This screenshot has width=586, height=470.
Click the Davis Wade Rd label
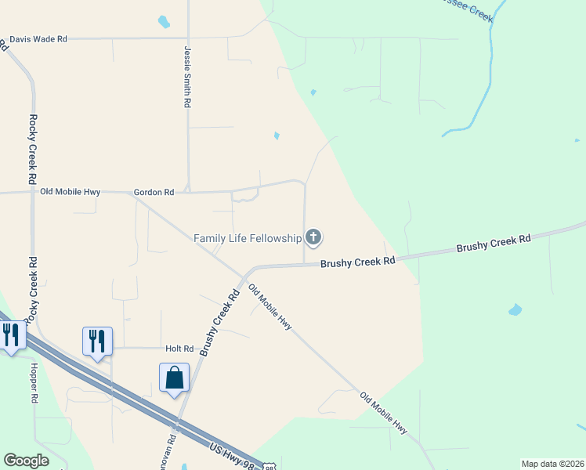[38, 38]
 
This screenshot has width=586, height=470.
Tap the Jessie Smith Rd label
[187, 76]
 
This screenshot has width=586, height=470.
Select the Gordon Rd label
[154, 192]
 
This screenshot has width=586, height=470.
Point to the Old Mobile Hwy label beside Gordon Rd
[71, 191]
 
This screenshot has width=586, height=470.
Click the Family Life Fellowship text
[248, 237]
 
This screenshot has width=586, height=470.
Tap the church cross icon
[313, 237]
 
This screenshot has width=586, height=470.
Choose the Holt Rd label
[179, 348]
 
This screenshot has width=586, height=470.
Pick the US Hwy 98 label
[232, 454]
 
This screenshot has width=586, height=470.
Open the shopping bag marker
[174, 378]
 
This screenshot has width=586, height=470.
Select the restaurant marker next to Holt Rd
[97, 342]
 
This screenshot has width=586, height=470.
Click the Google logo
[26, 461]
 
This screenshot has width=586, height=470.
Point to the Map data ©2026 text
[552, 464]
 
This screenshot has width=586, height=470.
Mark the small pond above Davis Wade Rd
[164, 22]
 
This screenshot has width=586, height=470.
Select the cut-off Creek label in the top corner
[465, 2]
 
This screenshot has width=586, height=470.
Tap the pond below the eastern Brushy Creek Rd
[515, 310]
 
